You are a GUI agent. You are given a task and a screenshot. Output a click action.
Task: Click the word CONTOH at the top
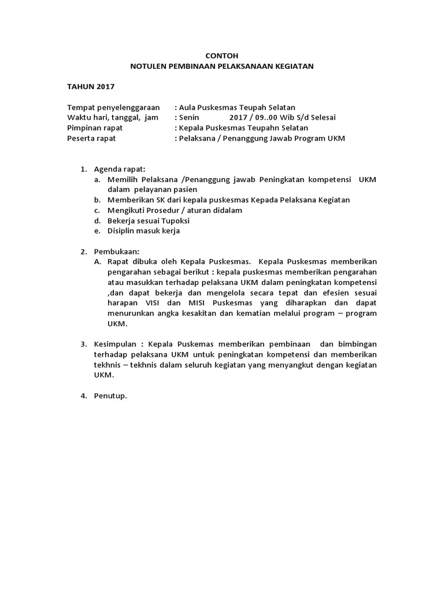(x=222, y=56)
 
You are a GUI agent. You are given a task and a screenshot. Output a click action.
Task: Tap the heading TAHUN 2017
(x=91, y=87)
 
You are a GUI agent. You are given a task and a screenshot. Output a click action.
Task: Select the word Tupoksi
(x=175, y=220)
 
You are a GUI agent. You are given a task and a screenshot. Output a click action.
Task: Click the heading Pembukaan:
(x=116, y=251)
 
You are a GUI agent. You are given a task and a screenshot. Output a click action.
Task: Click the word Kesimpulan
(x=116, y=344)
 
